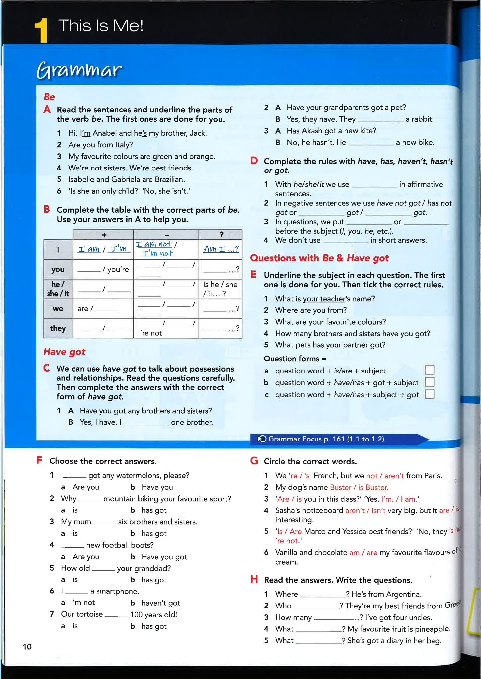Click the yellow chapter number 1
[41, 31]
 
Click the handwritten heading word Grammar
[79, 70]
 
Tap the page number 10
[27, 646]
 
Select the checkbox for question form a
[430, 370]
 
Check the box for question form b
[430, 382]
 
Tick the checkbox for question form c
[430, 394]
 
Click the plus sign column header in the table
[104, 235]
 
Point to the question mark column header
[221, 235]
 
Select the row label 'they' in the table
[58, 328]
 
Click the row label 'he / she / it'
[58, 289]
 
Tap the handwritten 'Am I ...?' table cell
[221, 249]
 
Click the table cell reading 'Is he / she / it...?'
[220, 289]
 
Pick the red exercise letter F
[39, 460]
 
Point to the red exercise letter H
[254, 579]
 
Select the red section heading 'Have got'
[64, 352]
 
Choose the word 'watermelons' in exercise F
[139, 475]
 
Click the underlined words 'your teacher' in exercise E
[324, 299]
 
